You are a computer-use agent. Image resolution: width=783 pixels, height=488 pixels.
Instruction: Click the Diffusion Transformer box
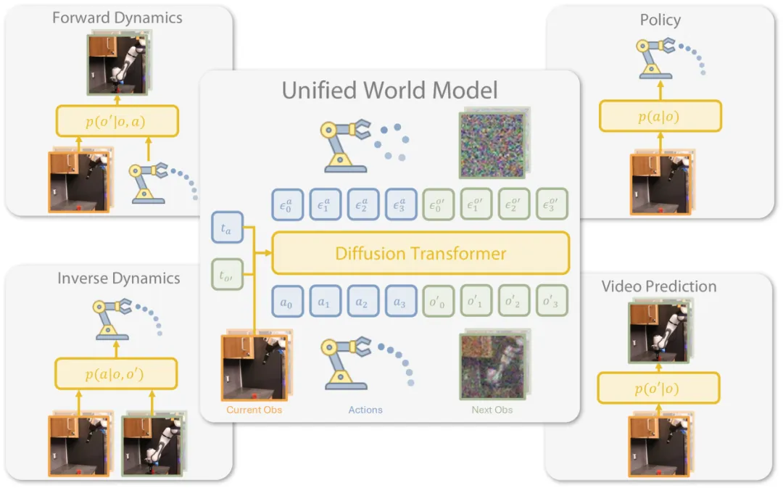pyautogui.click(x=420, y=253)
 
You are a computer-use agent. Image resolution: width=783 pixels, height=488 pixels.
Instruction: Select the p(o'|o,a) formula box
pyautogui.click(x=117, y=121)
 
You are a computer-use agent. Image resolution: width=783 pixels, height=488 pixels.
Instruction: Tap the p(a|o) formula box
pyautogui.click(x=660, y=117)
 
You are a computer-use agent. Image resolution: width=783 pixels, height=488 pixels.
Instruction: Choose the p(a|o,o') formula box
pyautogui.click(x=116, y=373)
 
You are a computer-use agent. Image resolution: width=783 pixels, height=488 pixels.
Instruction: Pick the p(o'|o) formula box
pyautogui.click(x=658, y=388)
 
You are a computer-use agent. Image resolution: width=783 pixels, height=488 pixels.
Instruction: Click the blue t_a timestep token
pyautogui.click(x=227, y=228)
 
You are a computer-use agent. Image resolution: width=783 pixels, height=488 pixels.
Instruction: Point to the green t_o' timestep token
pyautogui.click(x=227, y=274)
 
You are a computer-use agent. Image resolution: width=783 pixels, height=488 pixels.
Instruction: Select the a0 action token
pyautogui.click(x=287, y=301)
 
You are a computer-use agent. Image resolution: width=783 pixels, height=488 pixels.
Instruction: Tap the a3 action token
pyautogui.click(x=400, y=301)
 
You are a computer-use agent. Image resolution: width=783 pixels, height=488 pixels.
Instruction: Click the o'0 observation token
pyautogui.click(x=438, y=301)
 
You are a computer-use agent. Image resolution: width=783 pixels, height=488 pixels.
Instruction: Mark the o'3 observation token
pyautogui.click(x=552, y=301)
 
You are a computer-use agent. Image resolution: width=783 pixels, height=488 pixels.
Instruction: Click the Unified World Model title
pyautogui.click(x=389, y=91)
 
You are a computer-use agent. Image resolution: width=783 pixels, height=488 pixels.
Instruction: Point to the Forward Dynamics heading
pyautogui.click(x=117, y=18)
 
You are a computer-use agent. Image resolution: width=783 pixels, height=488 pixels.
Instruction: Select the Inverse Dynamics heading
pyautogui.click(x=118, y=278)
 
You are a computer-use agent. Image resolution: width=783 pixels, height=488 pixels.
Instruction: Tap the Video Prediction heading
pyautogui.click(x=658, y=286)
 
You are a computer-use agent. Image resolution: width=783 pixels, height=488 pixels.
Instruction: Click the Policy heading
pyautogui.click(x=660, y=20)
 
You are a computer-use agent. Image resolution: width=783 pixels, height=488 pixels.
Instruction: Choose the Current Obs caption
pyautogui.click(x=254, y=410)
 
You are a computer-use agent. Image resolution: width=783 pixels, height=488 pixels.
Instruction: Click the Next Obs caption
pyautogui.click(x=492, y=410)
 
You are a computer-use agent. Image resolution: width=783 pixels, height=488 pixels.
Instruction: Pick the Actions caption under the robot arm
pyautogui.click(x=365, y=410)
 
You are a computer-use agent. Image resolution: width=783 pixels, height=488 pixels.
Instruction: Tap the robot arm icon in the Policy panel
pyautogui.click(x=655, y=58)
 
